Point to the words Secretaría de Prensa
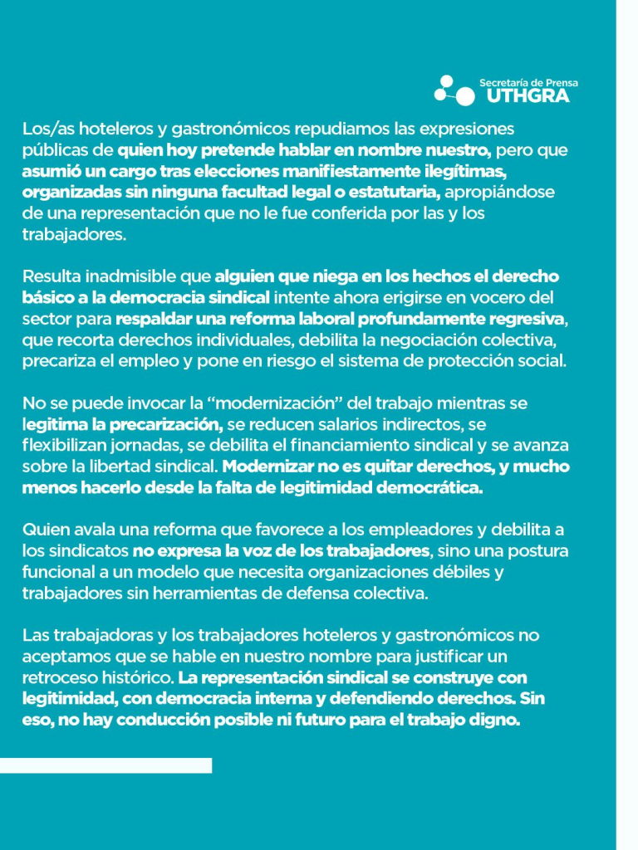point(528,82)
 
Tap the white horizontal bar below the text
point(106,765)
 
